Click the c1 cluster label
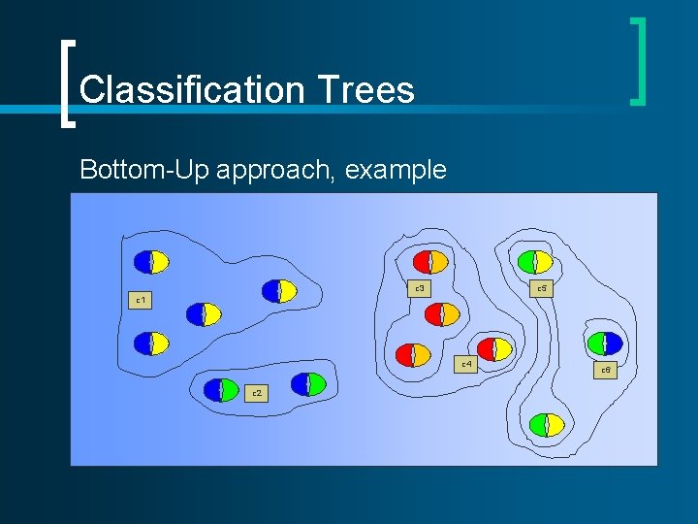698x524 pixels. [141, 300]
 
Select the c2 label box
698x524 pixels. [256, 393]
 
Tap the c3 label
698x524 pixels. [419, 288]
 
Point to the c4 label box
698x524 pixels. [466, 364]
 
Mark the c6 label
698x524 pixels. [605, 370]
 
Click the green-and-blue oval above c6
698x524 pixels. [604, 343]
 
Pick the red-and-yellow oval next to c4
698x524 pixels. [495, 349]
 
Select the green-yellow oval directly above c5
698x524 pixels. [534, 262]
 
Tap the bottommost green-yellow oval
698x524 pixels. [547, 425]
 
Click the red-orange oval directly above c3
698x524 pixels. [429, 262]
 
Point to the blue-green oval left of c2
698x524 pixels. [221, 389]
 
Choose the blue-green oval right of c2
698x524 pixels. [308, 384]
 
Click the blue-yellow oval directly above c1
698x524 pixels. [151, 262]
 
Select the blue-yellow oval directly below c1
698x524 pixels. [151, 343]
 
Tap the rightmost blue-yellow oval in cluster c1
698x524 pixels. [279, 291]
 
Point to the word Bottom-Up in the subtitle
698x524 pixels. [145, 170]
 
